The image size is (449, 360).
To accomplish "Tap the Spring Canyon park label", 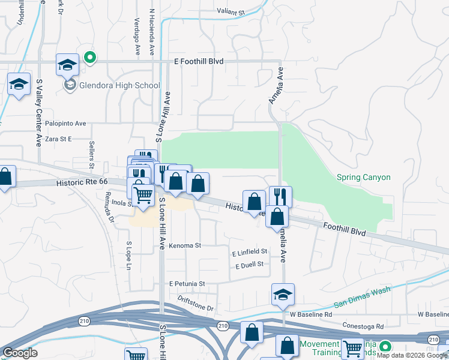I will click(x=364, y=177).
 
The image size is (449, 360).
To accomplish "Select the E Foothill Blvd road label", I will click(x=198, y=61).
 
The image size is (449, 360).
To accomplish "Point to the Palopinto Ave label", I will click(x=64, y=124).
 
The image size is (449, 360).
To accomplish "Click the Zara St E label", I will click(x=54, y=139).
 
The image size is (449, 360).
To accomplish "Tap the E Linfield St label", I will click(x=249, y=253).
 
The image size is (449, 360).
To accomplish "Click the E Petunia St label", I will click(x=187, y=283).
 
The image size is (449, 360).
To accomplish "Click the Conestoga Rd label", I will click(x=363, y=326).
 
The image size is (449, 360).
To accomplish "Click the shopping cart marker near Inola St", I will click(x=143, y=194).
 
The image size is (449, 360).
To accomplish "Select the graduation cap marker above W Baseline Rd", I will click(x=283, y=295).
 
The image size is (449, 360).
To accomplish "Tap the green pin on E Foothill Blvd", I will click(x=89, y=58).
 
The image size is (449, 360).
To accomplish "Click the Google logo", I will click(x=20, y=353).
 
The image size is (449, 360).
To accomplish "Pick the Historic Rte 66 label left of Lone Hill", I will click(x=82, y=182).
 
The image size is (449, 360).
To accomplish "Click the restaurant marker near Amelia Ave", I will click(x=280, y=196).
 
